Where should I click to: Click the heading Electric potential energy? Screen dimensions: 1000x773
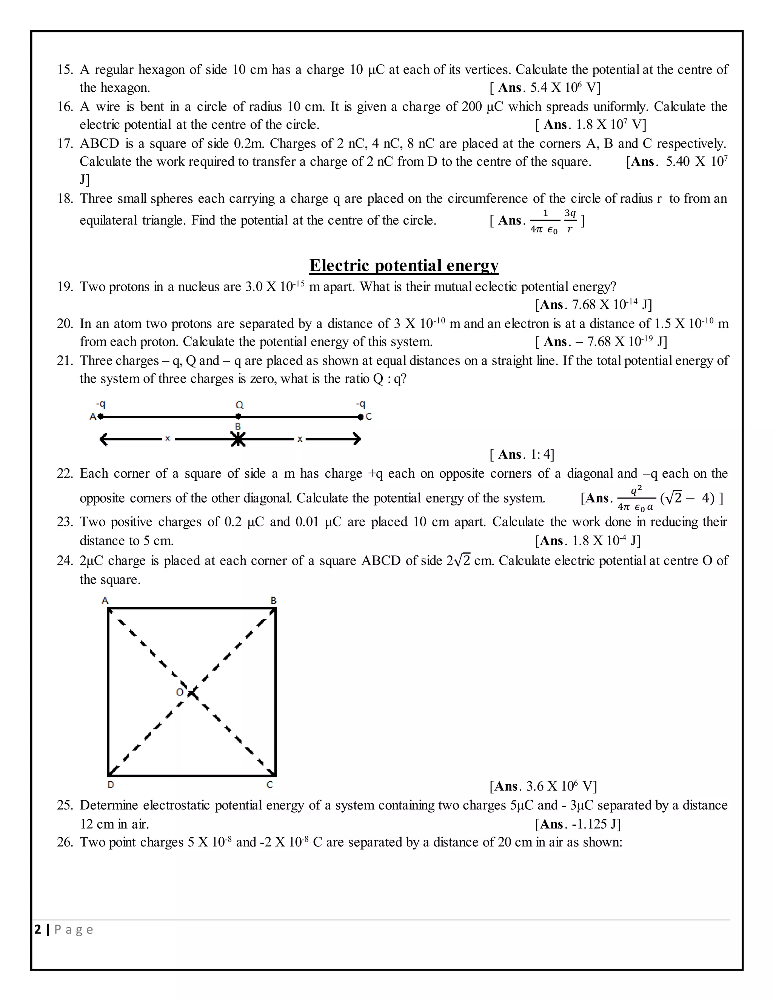[x=403, y=265]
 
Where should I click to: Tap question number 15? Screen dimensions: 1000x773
[x=65, y=69]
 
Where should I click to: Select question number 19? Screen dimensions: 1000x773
[x=65, y=287]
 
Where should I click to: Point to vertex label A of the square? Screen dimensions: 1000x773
[x=105, y=600]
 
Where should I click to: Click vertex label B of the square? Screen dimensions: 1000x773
[x=273, y=600]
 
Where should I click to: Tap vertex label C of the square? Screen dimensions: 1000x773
[x=270, y=785]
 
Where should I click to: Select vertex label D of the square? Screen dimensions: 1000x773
[x=110, y=785]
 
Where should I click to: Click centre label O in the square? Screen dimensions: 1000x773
[x=180, y=692]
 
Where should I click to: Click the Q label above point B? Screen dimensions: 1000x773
[x=240, y=405]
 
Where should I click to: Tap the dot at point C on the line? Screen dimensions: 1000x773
[x=361, y=417]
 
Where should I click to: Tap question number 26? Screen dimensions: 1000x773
[x=65, y=842]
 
